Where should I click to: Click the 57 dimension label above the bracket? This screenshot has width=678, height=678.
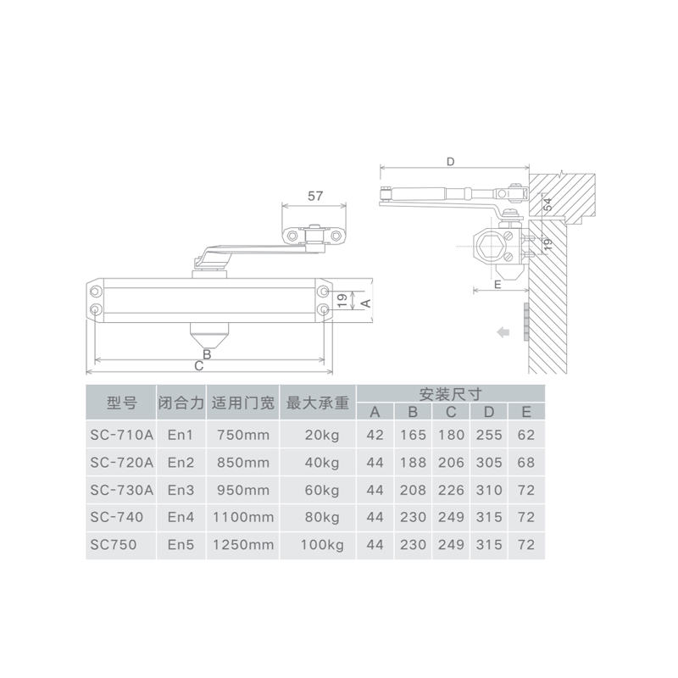(x=315, y=196)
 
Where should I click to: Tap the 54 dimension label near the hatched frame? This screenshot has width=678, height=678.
(x=547, y=204)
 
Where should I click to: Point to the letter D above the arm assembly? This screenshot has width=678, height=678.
(x=451, y=162)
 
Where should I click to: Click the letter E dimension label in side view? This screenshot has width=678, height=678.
(x=497, y=285)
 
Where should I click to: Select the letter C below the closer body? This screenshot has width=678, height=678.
(x=198, y=366)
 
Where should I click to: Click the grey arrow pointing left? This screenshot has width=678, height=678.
(x=503, y=332)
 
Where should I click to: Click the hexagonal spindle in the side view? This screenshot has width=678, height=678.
(x=491, y=247)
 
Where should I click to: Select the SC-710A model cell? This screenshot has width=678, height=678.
(x=121, y=435)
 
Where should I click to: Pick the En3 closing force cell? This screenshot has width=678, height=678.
(x=181, y=490)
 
